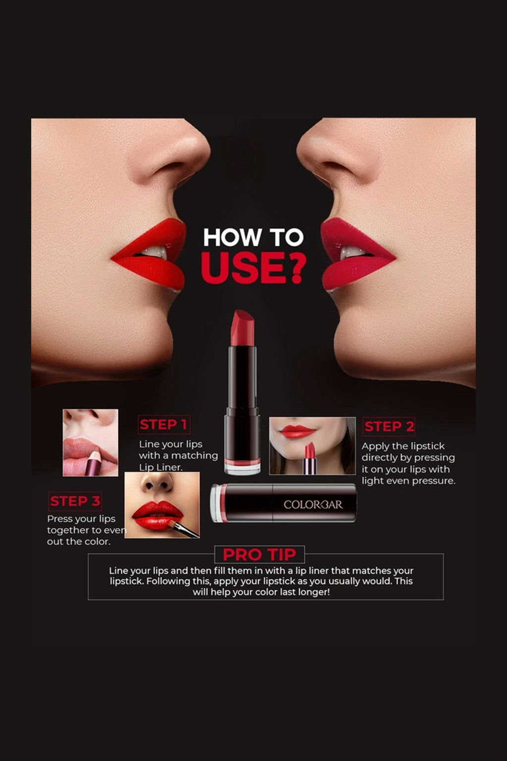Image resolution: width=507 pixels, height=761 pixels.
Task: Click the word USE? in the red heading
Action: click(253, 268)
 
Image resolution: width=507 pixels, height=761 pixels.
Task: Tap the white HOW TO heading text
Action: click(253, 237)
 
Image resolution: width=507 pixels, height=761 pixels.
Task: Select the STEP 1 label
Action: click(163, 425)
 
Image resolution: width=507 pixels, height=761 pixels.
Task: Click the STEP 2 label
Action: click(389, 427)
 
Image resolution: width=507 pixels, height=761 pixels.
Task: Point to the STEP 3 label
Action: click(75, 501)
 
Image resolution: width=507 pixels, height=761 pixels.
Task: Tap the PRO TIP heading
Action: click(259, 554)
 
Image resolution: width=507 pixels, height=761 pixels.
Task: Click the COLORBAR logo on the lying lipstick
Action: click(313, 504)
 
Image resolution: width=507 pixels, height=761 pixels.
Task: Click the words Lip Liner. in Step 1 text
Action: click(160, 467)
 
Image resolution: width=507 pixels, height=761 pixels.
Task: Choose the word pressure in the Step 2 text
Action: click(433, 481)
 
